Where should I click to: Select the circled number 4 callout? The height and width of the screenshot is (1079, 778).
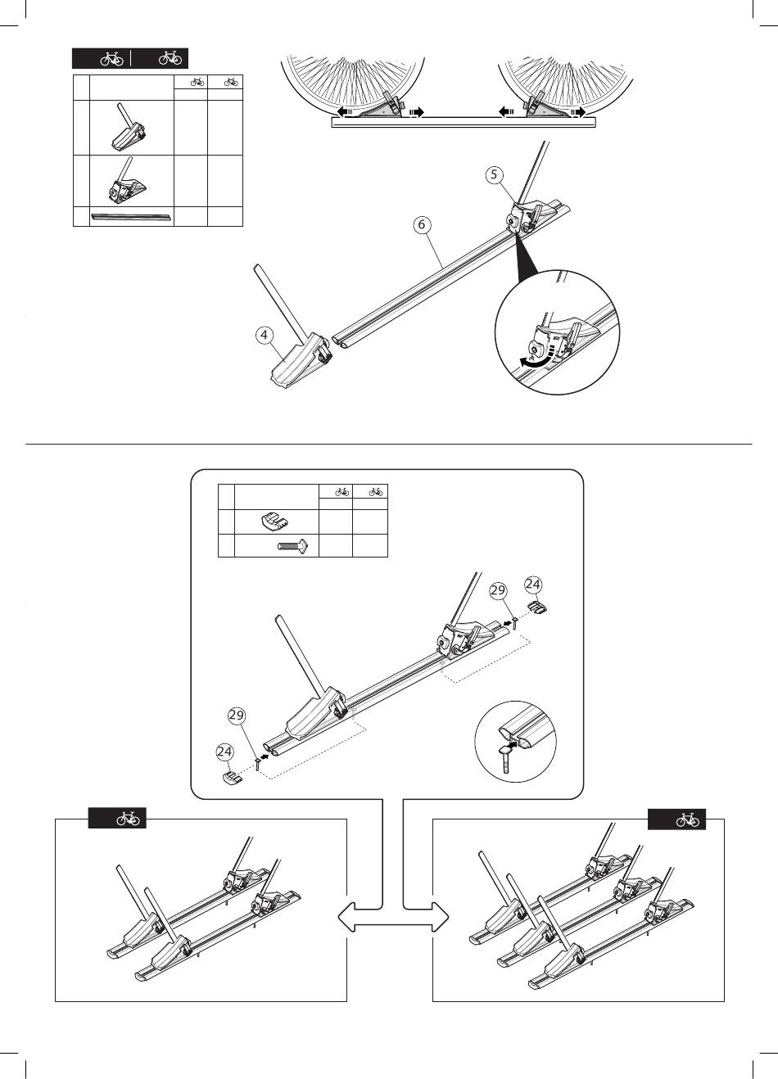[x=263, y=334]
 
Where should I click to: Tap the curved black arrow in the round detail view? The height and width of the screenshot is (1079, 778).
[x=527, y=359]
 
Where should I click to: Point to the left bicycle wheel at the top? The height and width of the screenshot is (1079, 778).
[x=354, y=78]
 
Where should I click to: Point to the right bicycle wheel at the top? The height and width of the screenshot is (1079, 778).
[x=568, y=78]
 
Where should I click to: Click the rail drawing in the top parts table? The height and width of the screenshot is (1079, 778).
[x=132, y=217]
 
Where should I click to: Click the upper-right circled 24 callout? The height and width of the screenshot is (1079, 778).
[x=534, y=585]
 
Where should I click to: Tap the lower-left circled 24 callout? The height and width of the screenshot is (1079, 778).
[x=224, y=751]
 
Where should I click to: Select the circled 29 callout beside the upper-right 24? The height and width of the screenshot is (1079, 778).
[x=498, y=590]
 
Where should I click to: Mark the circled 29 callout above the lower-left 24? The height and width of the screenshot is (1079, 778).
[x=237, y=716]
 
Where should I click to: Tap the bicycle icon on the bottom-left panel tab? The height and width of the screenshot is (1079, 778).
[x=127, y=818]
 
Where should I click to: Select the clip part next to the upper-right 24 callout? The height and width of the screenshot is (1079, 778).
[x=537, y=607]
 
